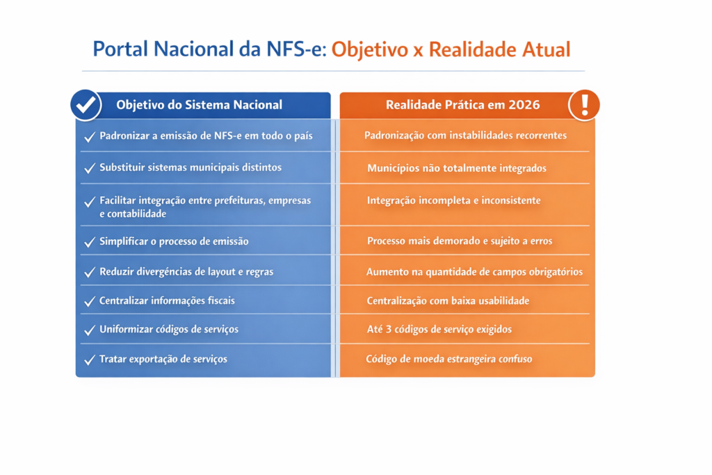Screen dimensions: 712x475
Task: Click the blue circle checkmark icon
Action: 86,105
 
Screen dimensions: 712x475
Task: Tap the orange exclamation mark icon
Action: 584,105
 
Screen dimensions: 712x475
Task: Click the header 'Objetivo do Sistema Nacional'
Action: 199,105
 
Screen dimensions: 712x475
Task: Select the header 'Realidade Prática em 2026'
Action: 462,105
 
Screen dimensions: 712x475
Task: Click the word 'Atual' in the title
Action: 546,49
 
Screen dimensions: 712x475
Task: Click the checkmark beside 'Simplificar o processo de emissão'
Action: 90,241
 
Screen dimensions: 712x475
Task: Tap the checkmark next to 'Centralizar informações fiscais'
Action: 90,301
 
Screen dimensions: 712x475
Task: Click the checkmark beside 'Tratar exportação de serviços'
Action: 90,360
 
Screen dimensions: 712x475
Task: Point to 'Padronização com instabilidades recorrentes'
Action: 465,136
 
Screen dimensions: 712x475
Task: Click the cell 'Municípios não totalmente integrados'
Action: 457,168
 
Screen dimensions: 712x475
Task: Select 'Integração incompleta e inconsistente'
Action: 454,200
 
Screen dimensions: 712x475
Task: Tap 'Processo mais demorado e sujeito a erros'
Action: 460,241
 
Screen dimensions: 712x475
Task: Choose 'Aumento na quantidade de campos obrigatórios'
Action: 474,271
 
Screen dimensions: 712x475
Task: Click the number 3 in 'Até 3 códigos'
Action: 389,329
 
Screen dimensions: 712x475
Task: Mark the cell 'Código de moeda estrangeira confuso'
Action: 449,359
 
